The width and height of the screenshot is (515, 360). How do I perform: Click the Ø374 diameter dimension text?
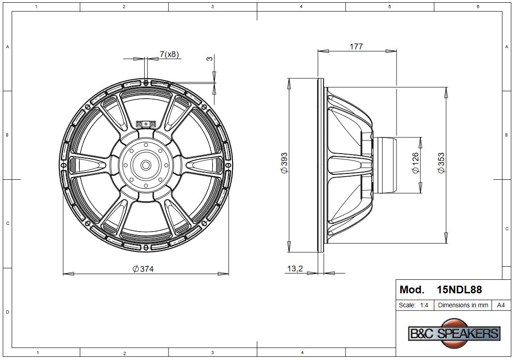click(143, 269)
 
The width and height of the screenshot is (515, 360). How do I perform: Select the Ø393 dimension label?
click(284, 163)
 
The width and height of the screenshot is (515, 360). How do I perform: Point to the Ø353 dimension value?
click(442, 163)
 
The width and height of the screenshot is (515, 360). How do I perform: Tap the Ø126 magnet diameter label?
click(415, 163)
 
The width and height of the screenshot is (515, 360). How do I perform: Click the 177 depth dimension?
click(356, 46)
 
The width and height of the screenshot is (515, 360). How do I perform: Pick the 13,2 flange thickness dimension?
click(295, 269)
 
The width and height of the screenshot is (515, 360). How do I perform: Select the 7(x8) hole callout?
click(169, 55)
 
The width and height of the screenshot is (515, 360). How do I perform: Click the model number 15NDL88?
click(459, 290)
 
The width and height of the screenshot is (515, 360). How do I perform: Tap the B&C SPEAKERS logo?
click(454, 333)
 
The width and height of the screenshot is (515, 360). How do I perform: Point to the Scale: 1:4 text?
click(413, 305)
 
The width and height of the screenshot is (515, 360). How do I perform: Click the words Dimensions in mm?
click(463, 305)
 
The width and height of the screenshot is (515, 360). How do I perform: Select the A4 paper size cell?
click(501, 305)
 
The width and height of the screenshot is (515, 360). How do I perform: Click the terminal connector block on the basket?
click(146, 124)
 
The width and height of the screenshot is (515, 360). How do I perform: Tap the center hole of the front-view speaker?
click(146, 165)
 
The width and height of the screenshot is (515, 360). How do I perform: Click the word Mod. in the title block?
click(412, 290)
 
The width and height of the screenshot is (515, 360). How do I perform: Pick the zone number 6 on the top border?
click(478, 6)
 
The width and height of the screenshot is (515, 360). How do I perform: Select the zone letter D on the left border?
click(7, 312)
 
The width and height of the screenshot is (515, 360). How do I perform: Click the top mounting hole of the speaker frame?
click(146, 82)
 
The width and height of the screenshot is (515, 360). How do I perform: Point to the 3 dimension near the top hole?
click(210, 59)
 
